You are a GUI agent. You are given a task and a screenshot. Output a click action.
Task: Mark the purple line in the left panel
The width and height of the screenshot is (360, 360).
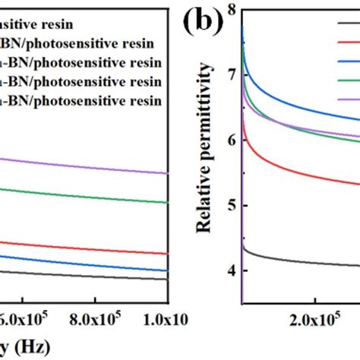[91, 166]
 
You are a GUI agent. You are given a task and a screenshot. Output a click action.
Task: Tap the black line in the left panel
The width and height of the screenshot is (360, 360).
[91, 275]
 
